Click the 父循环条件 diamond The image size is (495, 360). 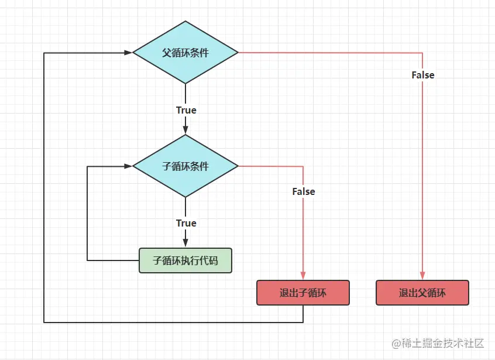point(185,53)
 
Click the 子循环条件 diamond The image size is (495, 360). point(185,166)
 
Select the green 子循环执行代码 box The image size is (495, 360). point(185,260)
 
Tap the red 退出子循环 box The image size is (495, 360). point(302,293)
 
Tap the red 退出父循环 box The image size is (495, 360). point(422,293)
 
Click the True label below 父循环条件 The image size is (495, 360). point(186,110)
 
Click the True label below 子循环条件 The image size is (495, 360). point(186,223)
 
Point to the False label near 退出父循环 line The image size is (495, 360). point(422,75)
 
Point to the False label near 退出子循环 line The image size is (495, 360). point(303,191)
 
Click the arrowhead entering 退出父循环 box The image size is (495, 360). point(422,276)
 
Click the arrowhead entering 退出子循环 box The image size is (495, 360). point(303,276)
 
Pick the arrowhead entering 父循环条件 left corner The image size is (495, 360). point(128,53)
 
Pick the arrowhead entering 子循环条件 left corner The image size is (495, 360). point(128,166)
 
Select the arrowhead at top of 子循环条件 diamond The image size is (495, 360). point(185,130)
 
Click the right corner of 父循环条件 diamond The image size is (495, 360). point(237,53)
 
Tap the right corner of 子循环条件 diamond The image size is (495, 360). point(237,166)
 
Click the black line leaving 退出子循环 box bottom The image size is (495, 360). point(303,314)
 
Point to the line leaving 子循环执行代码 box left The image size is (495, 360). point(111,260)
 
